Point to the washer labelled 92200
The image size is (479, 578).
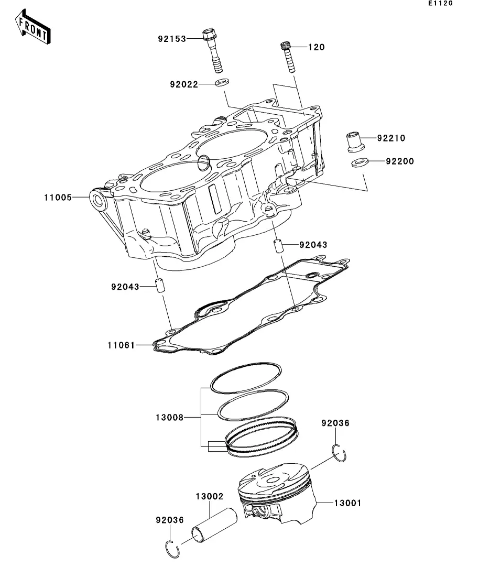358,162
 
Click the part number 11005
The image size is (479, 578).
58,198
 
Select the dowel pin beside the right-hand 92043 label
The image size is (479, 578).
278,245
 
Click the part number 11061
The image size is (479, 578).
121,345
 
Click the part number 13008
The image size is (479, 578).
169,418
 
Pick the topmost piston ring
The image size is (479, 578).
246,376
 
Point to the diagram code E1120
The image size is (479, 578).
440,4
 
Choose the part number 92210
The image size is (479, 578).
391,138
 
